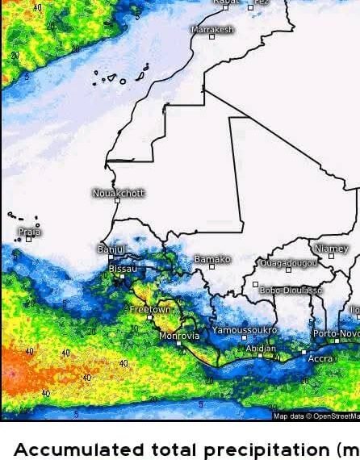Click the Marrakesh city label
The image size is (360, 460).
pos(212,29)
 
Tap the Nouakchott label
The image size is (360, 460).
pos(119,193)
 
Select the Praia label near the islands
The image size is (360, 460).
pos(30,232)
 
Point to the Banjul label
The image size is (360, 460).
pos(111,249)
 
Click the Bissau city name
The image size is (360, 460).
pos(123,268)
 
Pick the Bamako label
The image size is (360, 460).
pos(212,259)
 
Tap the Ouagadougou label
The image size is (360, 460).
pos(288,263)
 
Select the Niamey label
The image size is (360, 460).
pos(332,249)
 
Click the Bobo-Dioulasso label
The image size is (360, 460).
pos(291,290)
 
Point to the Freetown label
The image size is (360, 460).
pos(150,309)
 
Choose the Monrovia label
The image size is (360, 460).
pos(178,336)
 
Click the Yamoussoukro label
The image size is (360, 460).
pos(245,330)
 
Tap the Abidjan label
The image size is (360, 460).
pos(261,349)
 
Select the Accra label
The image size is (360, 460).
pos(320,358)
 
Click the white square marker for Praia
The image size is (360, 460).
pos(28,239)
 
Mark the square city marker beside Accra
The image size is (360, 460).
pos(304,352)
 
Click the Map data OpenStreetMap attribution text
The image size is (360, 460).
pos(316,416)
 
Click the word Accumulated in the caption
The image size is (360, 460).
pos(73,449)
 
